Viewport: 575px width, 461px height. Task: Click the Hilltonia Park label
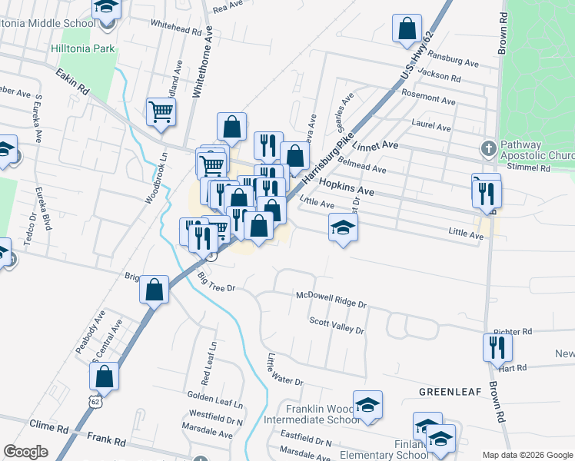[x=82, y=48]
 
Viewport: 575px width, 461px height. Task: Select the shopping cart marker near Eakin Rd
[x=161, y=112]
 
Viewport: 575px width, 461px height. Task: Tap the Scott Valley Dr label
[x=336, y=326]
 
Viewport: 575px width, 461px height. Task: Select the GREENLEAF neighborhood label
[x=450, y=391]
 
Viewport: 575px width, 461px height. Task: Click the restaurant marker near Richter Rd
[x=497, y=347]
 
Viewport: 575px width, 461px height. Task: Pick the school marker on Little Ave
[x=344, y=227]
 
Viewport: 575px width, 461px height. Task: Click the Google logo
[x=25, y=451]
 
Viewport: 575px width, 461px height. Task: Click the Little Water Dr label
[x=285, y=370]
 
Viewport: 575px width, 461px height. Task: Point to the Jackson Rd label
[x=440, y=77]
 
